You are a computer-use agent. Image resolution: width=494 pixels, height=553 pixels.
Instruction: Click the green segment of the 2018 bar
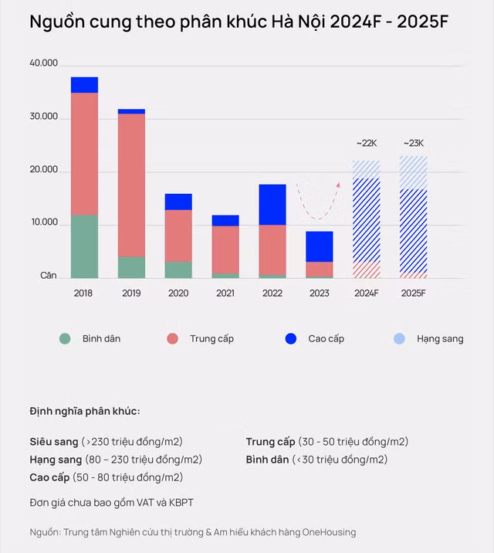84,246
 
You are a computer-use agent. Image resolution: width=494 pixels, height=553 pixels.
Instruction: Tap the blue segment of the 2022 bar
272,205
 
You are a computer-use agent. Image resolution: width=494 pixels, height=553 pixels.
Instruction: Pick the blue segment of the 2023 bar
319,246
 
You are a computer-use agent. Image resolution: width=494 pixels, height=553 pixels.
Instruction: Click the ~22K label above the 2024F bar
366,143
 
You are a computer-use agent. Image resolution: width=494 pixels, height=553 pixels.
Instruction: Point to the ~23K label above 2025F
413,143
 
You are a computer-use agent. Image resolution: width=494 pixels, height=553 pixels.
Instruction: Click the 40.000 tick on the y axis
44,63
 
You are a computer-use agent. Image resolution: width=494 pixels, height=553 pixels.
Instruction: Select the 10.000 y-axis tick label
44,222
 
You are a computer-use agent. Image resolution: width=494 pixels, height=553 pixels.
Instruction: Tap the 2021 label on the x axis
225,293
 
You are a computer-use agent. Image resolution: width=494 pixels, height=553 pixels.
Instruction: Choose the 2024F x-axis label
366,293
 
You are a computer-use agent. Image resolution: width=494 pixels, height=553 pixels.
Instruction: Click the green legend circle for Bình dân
65,338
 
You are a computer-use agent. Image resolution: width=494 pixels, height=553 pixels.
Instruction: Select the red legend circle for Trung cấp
172,338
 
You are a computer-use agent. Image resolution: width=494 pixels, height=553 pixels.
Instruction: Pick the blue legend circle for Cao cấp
291,338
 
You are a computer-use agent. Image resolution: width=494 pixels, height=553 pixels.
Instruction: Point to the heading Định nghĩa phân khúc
85,410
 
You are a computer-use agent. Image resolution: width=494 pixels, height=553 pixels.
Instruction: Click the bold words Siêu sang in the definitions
54,442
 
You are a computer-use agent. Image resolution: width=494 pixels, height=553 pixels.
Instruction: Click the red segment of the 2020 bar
178,236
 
